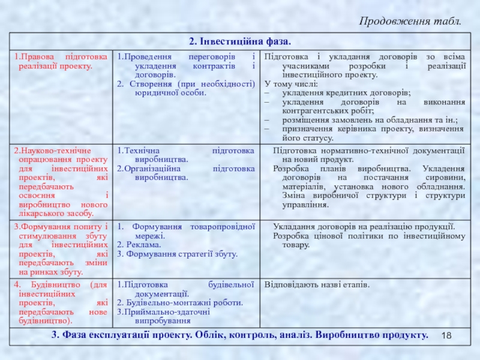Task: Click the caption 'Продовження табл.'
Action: pyautogui.click(x=410, y=22)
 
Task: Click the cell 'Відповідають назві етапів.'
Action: pyautogui.click(x=317, y=284)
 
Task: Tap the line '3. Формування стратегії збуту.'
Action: pyautogui.click(x=177, y=254)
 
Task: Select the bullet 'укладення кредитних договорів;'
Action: pyautogui.click(x=347, y=93)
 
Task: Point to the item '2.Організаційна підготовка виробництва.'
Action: pyautogui.click(x=185, y=173)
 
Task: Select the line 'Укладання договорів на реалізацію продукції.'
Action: pyautogui.click(x=364, y=226)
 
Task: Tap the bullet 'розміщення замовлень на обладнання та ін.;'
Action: pyautogui.click(x=370, y=120)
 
